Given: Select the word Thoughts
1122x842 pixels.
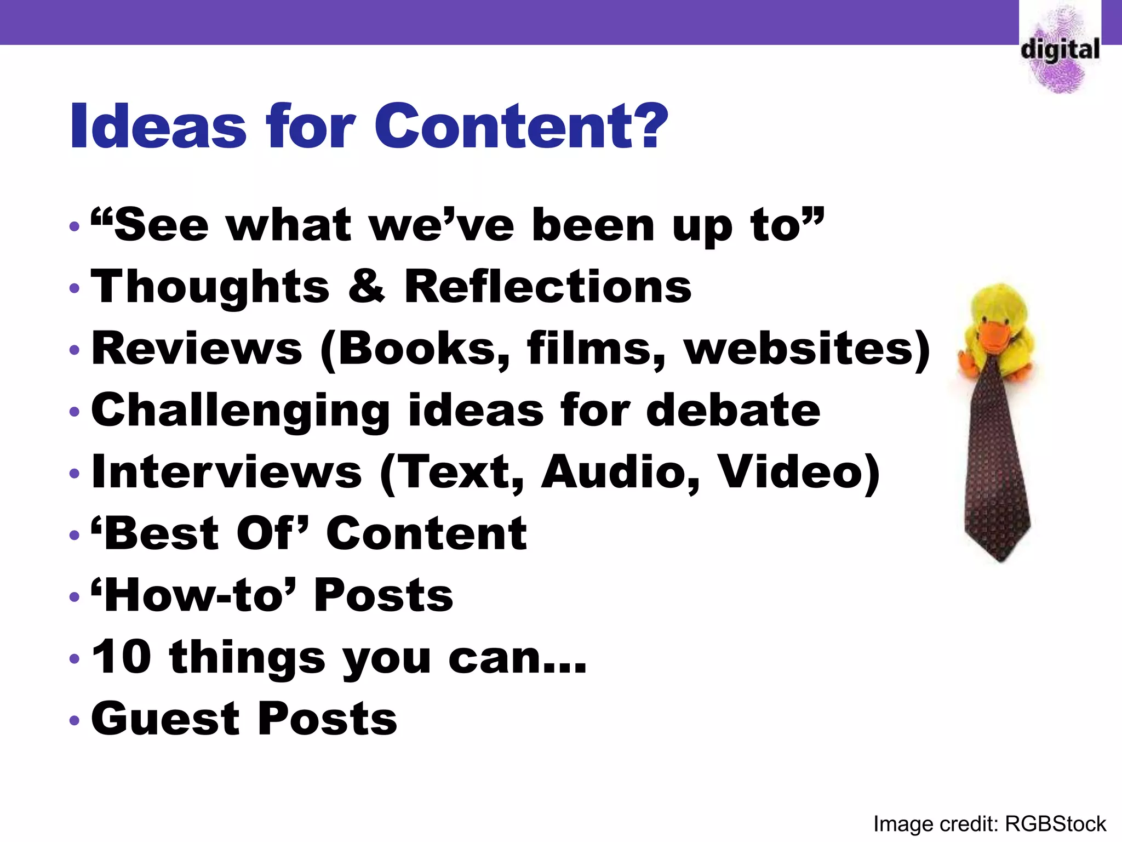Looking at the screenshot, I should point(210,287).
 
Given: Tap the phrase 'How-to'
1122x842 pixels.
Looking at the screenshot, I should point(194,595).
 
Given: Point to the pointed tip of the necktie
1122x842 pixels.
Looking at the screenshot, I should point(1001,557).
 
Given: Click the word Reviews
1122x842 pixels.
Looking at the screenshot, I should point(197,349).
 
